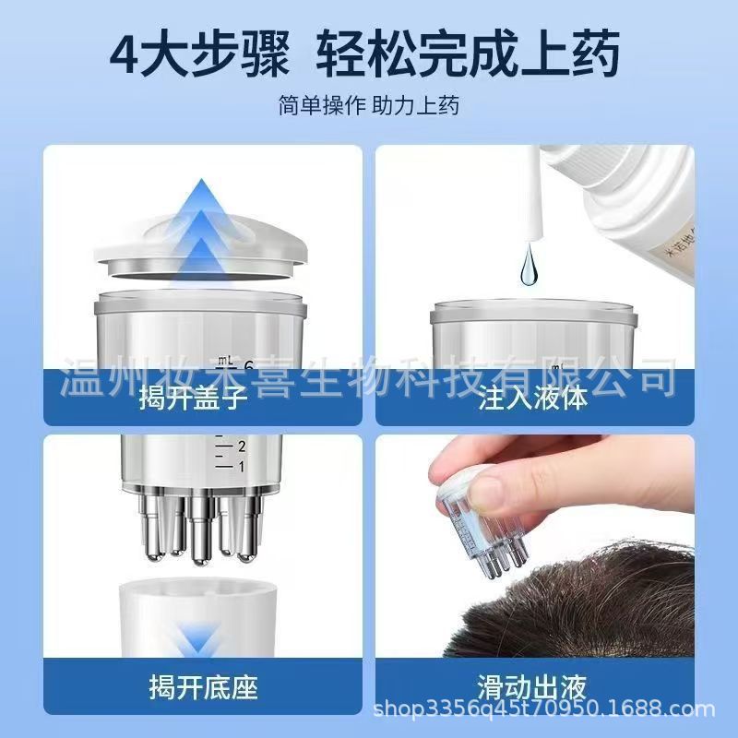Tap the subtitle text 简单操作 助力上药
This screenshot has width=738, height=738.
369,104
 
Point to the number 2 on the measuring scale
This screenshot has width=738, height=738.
241,447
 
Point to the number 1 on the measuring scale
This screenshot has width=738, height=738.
241,467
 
